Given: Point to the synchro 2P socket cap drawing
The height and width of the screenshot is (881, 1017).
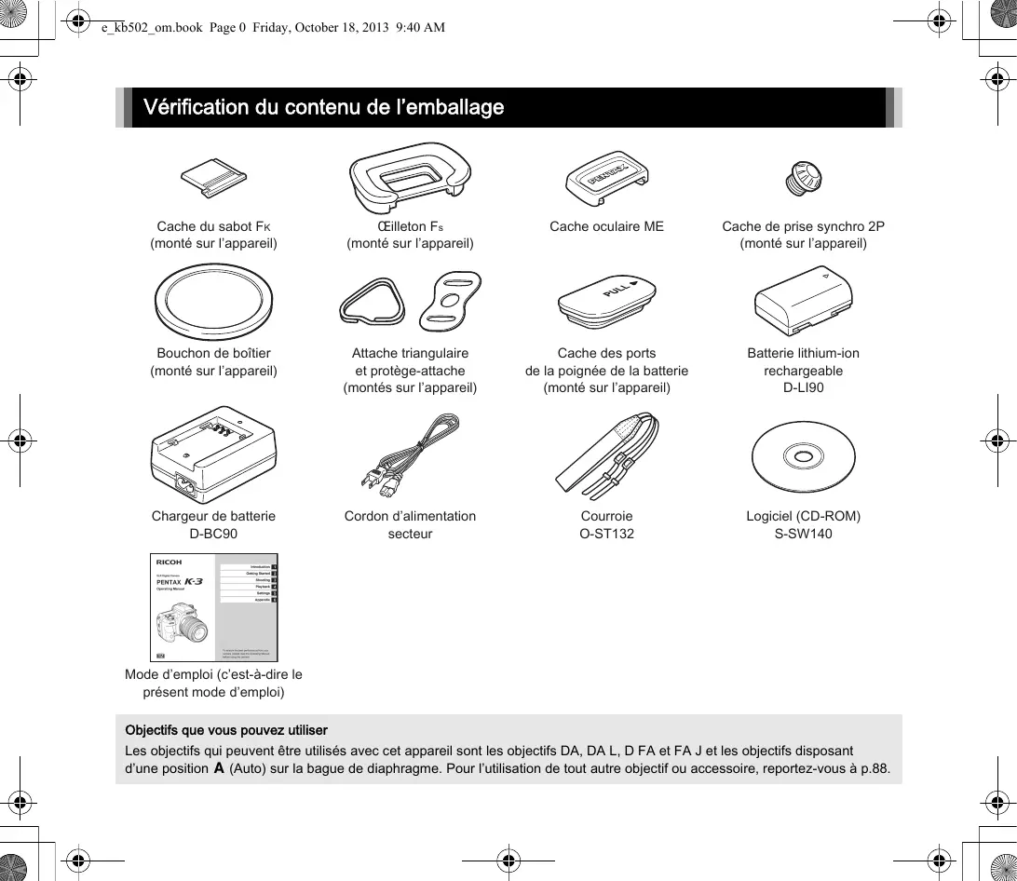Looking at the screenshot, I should pyautogui.click(x=802, y=176).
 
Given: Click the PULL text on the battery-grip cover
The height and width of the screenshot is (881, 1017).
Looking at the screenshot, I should pyautogui.click(x=617, y=291).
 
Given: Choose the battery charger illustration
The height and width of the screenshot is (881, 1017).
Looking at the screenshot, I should pyautogui.click(x=213, y=454).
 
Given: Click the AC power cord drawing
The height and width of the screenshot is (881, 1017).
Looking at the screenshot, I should pyautogui.click(x=411, y=456).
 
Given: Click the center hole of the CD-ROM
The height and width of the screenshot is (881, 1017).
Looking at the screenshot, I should pyautogui.click(x=803, y=456).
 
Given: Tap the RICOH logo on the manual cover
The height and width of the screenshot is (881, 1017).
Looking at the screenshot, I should pyautogui.click(x=169, y=562).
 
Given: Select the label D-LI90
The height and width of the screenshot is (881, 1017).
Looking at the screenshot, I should pyautogui.click(x=803, y=387).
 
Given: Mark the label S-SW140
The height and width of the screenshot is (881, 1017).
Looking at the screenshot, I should pyautogui.click(x=803, y=534).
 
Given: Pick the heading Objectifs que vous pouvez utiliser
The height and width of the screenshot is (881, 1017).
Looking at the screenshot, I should pyautogui.click(x=226, y=729).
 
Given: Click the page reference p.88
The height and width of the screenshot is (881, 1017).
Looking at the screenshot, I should pyautogui.click(x=874, y=768).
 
